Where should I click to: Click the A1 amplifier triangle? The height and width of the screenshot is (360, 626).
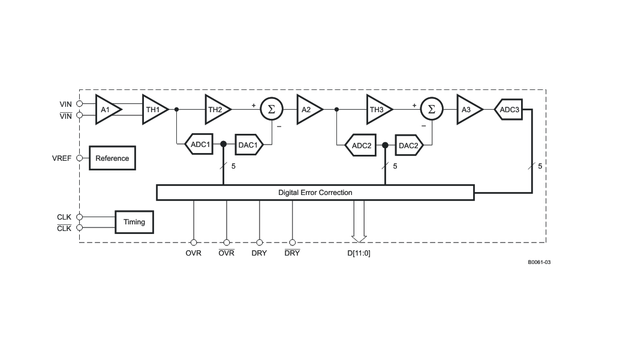[106, 109]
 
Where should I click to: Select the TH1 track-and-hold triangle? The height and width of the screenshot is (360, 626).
[154, 109]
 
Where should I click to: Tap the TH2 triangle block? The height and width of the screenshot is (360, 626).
[216, 109]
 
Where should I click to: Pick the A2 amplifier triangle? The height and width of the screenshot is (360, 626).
[308, 109]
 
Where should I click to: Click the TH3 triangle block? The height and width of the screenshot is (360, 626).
[377, 109]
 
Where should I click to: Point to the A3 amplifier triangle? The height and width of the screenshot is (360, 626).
[468, 109]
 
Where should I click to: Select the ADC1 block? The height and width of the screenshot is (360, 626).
[199, 144]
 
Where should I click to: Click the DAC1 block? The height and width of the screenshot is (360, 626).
[249, 145]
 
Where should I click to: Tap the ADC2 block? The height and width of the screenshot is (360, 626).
[360, 145]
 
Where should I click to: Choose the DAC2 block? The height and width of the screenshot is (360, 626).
[409, 145]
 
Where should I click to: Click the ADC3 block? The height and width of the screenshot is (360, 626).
[508, 109]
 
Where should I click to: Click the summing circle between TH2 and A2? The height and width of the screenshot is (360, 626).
[272, 109]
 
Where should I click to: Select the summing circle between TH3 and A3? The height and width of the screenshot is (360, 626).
[432, 109]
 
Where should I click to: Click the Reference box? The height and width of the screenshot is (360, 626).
[112, 158]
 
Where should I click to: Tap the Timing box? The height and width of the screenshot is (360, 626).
[134, 222]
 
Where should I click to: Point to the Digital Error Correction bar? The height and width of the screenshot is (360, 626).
[315, 193]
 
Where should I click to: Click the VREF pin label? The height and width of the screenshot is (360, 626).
[62, 158]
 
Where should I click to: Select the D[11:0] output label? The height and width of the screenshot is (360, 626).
[359, 253]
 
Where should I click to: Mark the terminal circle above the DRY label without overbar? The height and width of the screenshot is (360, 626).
[260, 242]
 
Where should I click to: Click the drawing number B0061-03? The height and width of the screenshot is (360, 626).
[540, 263]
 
